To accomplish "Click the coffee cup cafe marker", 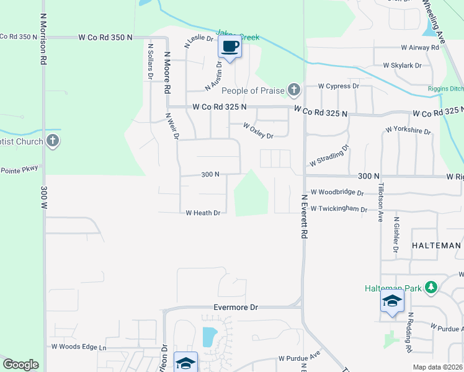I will point(230,46).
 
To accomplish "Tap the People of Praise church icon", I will point(294,91).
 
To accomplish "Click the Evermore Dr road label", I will point(235,308).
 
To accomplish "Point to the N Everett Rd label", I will point(305,216).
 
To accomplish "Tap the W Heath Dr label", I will point(203,213).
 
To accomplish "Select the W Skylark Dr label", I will point(402,65).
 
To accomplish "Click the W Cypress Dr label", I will point(339,86).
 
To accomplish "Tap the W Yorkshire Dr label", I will point(408,130).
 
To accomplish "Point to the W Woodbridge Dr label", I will point(337,192).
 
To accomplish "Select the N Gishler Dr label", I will point(395,234).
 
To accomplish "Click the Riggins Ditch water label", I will point(445,89).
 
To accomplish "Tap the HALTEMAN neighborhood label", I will point(437,246).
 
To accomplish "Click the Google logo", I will point(20,365).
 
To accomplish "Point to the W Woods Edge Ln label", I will point(79,347).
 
